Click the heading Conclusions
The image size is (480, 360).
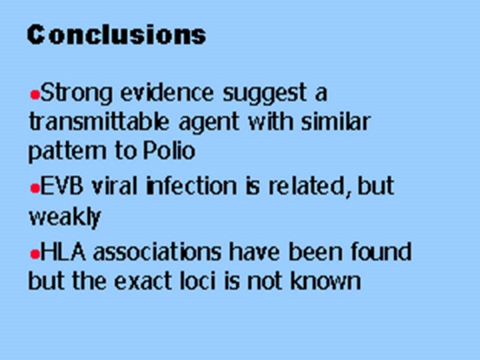click(x=117, y=35)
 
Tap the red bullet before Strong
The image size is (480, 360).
click(x=35, y=95)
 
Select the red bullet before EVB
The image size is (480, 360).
click(x=35, y=189)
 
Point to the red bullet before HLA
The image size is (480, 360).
click(x=35, y=254)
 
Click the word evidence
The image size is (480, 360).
click(x=167, y=92)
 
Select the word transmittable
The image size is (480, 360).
click(x=99, y=121)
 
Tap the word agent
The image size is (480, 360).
click(x=209, y=123)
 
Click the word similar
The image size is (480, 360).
click(x=335, y=121)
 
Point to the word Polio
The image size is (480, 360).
click(x=169, y=150)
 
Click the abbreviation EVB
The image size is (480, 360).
click(x=61, y=185)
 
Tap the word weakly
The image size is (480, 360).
click(x=65, y=217)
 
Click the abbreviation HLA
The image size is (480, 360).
click(x=63, y=251)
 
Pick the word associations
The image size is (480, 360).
click(x=157, y=251)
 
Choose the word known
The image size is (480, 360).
click(x=325, y=280)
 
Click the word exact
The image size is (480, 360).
click(x=143, y=281)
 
